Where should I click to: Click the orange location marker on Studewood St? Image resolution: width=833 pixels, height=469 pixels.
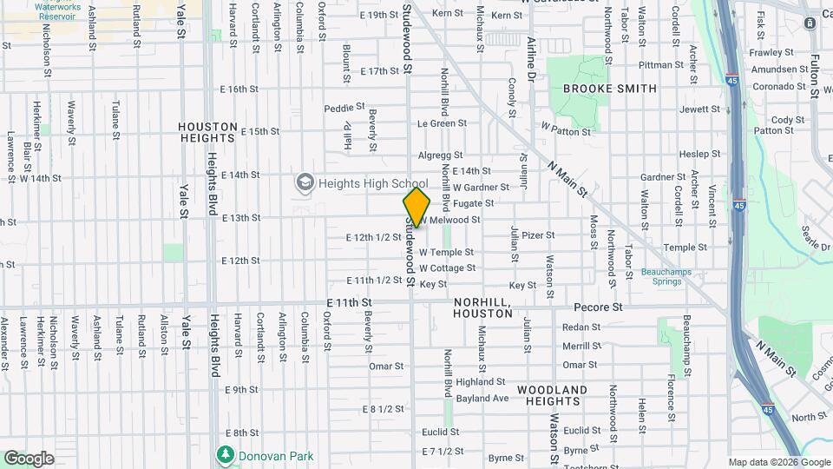pos(416,207)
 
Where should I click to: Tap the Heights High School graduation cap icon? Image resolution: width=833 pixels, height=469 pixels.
pos(305,183)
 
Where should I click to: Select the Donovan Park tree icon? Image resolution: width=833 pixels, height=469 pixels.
pos(226,455)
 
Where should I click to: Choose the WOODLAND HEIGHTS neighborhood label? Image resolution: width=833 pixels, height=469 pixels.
pos(552,395)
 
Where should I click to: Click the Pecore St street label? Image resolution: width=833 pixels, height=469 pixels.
pos(598,307)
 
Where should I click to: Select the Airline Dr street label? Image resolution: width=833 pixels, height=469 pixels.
pos(532,56)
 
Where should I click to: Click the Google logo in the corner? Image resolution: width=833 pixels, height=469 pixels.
pos(28,459)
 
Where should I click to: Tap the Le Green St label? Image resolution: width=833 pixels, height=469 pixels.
pos(443,123)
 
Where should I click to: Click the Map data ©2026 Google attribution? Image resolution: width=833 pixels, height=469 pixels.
pos(779,462)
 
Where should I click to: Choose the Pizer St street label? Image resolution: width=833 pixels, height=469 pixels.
pos(538,234)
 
